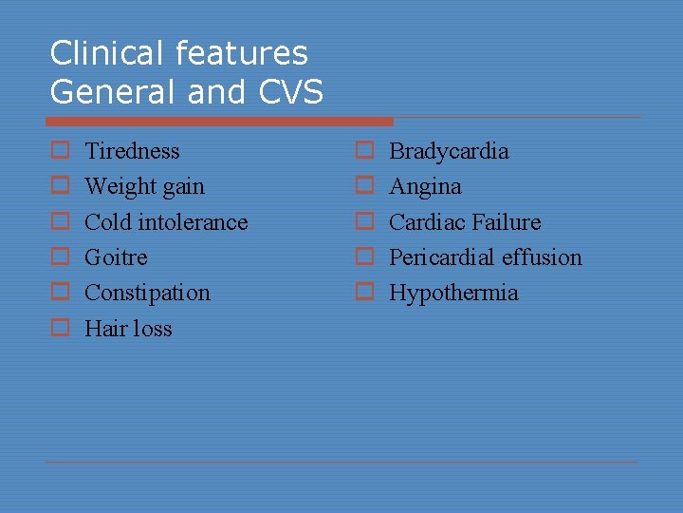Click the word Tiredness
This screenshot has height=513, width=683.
(x=132, y=151)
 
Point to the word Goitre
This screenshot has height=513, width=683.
(x=116, y=257)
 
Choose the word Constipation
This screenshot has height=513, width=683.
(x=147, y=293)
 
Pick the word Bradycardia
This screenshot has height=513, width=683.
(x=449, y=151)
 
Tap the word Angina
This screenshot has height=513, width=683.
(x=425, y=187)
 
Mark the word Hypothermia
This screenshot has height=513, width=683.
(x=453, y=293)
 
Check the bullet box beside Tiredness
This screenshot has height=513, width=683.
(x=60, y=151)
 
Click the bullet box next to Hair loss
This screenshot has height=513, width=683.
(x=60, y=329)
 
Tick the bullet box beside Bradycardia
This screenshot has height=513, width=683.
(x=364, y=151)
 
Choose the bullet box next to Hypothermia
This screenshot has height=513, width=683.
(x=364, y=293)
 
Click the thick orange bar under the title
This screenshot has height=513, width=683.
(x=219, y=122)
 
